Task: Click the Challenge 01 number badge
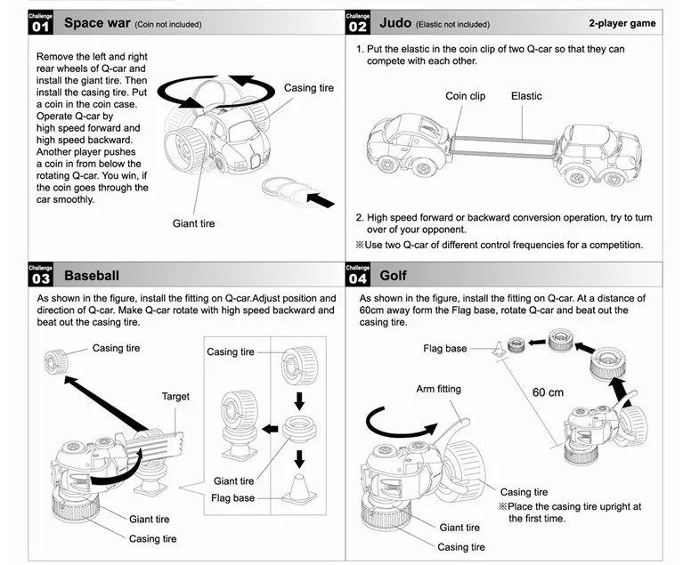tap(40, 22)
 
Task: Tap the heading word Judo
tap(395, 22)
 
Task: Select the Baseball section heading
tap(92, 276)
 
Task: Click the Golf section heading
tap(393, 276)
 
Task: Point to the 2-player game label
tap(622, 23)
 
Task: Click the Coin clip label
tap(465, 96)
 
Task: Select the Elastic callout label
tap(526, 96)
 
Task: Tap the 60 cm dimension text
tap(548, 392)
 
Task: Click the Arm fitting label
tap(438, 389)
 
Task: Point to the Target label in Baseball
tap(175, 396)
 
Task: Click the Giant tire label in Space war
tap(193, 223)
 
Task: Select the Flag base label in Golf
tap(444, 348)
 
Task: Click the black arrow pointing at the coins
tap(321, 199)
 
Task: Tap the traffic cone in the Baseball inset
tap(299, 488)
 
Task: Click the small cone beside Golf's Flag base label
tap(499, 349)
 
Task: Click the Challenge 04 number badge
tap(357, 275)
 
